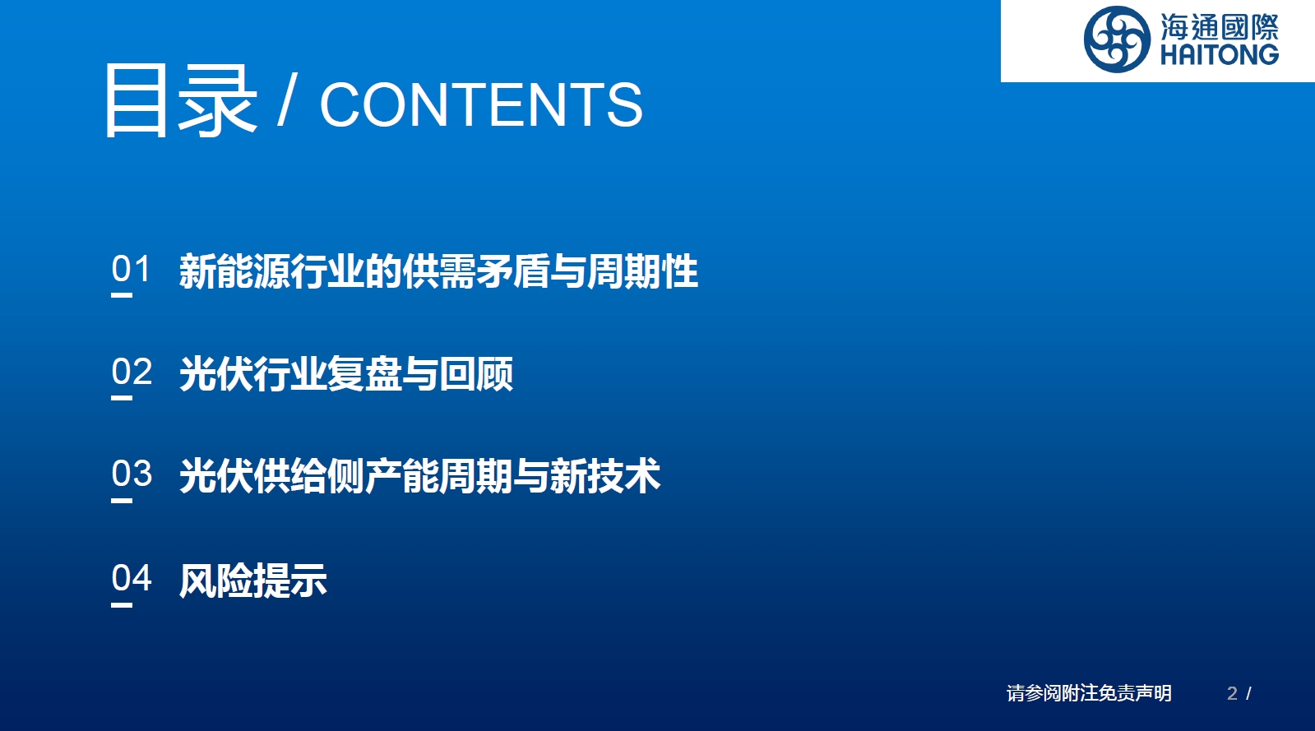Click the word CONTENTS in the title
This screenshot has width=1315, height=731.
pyautogui.click(x=481, y=104)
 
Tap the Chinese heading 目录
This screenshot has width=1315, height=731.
pyautogui.click(x=181, y=100)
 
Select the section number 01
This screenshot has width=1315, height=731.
pyautogui.click(x=131, y=269)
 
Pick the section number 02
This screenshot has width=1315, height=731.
pyautogui.click(x=132, y=372)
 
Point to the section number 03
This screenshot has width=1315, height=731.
pyautogui.click(x=132, y=474)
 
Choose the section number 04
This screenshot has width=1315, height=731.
pyautogui.click(x=132, y=578)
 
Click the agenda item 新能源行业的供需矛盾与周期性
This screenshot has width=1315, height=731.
pyautogui.click(x=438, y=271)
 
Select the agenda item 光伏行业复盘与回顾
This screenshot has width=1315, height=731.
pyautogui.click(x=346, y=373)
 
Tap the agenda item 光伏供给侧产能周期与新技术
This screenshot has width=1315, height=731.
pyautogui.click(x=420, y=475)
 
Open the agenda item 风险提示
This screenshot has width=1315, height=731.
pyautogui.click(x=253, y=580)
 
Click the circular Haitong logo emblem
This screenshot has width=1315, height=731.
pyautogui.click(x=1117, y=39)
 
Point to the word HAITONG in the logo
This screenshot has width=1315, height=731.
pyautogui.click(x=1220, y=54)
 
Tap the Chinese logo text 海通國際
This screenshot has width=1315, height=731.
pyautogui.click(x=1220, y=25)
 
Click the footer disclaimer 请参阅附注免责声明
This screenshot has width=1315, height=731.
pyautogui.click(x=1089, y=693)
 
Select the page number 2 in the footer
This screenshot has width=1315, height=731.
pyautogui.click(x=1232, y=693)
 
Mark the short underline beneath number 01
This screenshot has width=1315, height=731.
pyautogui.click(x=122, y=295)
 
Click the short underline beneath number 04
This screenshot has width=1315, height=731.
pyautogui.click(x=122, y=604)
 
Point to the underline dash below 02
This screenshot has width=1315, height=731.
pyautogui.click(x=122, y=398)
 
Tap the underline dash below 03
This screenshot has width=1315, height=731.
pyautogui.click(x=122, y=501)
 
